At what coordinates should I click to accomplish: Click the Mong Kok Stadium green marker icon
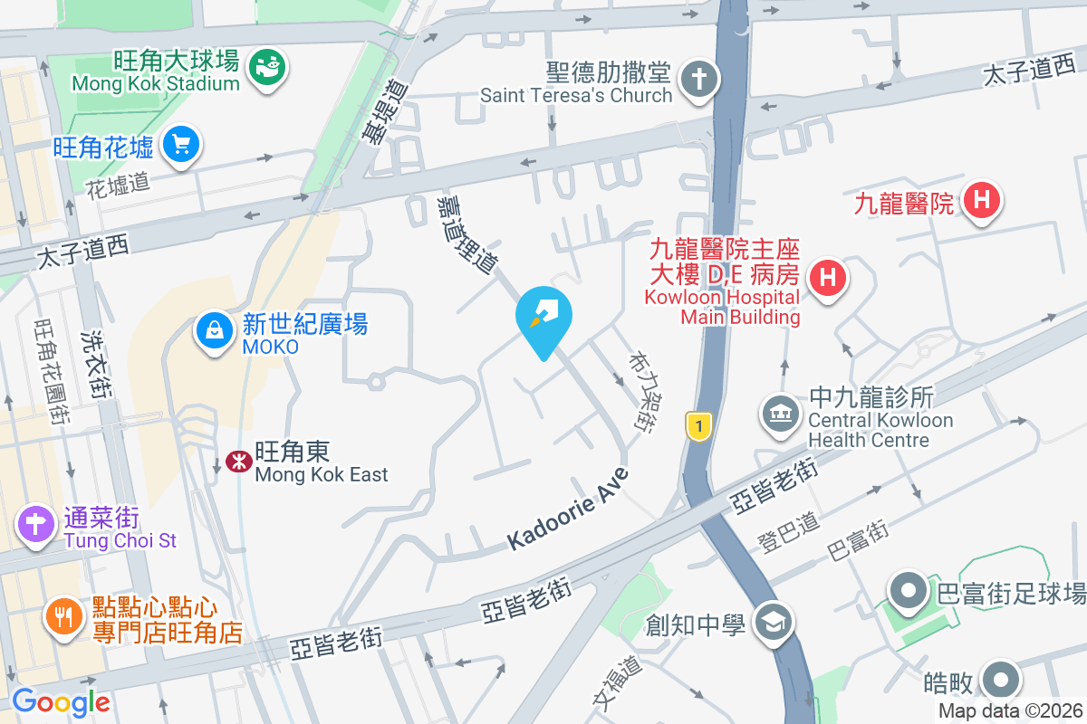[x=265, y=67]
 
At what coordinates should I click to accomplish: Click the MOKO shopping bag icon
[x=215, y=330]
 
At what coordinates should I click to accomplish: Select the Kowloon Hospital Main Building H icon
[x=827, y=276]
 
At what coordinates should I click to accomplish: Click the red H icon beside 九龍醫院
[x=982, y=199]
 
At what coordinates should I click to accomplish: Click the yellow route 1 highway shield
[x=697, y=426]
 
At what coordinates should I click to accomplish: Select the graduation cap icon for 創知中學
[x=774, y=623]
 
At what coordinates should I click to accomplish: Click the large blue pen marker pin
[x=543, y=317]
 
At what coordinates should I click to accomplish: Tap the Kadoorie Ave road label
[x=567, y=509]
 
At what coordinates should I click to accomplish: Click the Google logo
[x=61, y=702]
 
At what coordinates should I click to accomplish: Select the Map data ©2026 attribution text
[x=1010, y=711]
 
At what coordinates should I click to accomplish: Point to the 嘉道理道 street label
[x=467, y=233]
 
